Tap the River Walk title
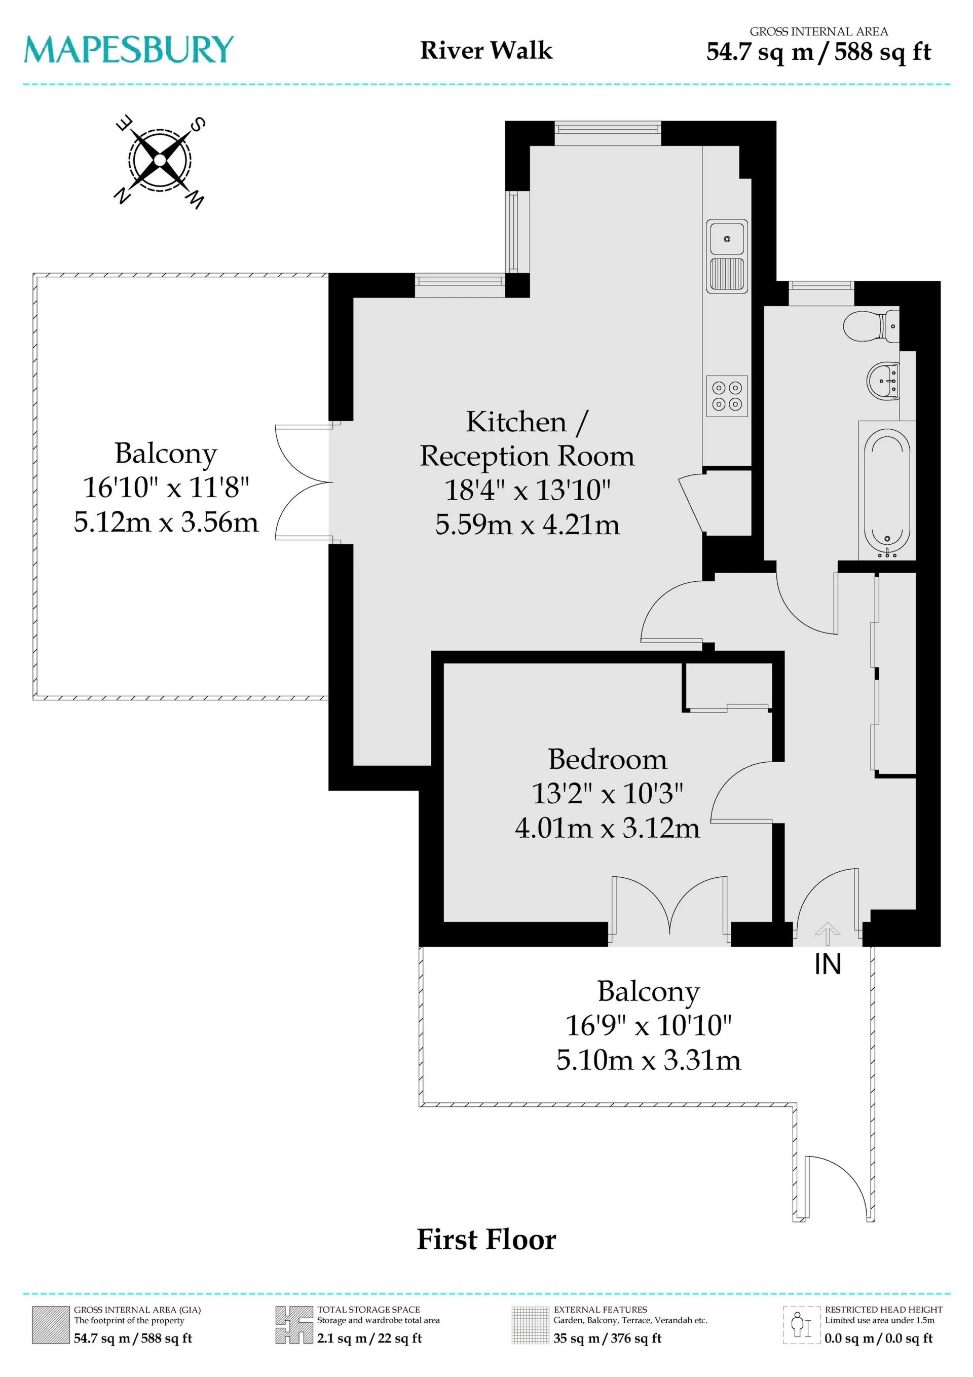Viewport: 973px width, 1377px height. click(x=486, y=50)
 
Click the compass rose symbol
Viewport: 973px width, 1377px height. click(x=160, y=161)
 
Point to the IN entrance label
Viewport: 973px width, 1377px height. click(x=828, y=964)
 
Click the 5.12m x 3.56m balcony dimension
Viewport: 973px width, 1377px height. click(x=166, y=523)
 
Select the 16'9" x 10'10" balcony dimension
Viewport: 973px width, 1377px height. click(x=649, y=1026)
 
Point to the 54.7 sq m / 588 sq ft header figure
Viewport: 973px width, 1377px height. click(x=818, y=52)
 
